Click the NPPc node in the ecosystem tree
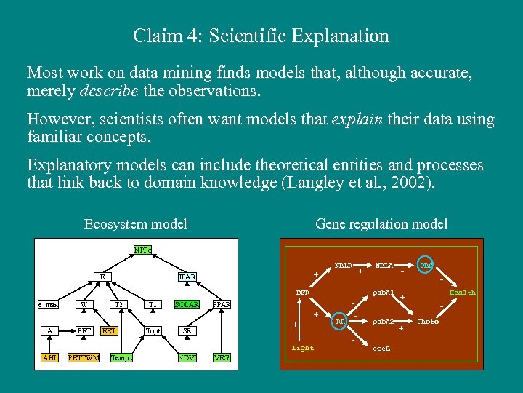tap(142, 250)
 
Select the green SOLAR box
tap(187, 304)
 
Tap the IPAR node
tap(187, 277)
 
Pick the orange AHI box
tap(49, 357)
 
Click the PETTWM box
tap(84, 357)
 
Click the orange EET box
tap(110, 330)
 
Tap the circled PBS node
tap(427, 266)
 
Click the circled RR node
tap(339, 321)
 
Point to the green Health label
tap(463, 293)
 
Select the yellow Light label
tap(303, 348)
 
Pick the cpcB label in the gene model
tap(382, 348)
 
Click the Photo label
tap(428, 321)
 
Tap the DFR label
tap(303, 293)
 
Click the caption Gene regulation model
tap(381, 224)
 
